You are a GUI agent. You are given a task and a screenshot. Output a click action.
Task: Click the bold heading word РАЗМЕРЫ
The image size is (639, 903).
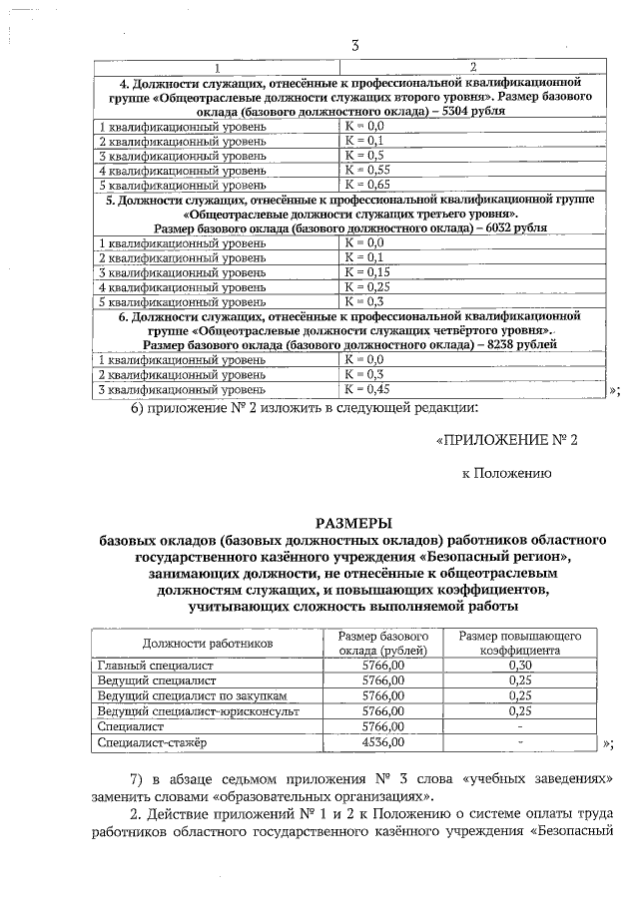click(354, 522)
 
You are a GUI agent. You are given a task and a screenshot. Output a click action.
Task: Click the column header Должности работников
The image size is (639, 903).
click(207, 644)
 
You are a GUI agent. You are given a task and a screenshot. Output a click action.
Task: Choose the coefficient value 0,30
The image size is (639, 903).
click(519, 665)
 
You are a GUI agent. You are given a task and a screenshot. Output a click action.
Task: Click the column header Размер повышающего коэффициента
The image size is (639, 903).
click(519, 644)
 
